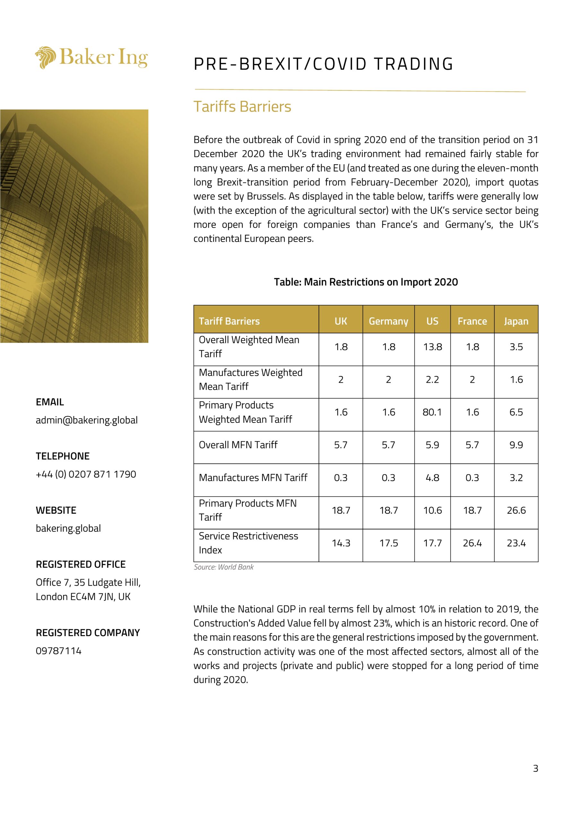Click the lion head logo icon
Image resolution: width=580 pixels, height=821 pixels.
click(x=46, y=57)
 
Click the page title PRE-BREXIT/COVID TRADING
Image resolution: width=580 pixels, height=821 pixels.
click(x=324, y=64)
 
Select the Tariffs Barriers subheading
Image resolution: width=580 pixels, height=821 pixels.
click(x=242, y=106)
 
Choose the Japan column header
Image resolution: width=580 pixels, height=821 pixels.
click(x=516, y=321)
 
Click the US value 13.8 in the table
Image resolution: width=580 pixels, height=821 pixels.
click(x=433, y=347)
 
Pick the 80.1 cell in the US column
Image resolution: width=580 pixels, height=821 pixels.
click(x=432, y=412)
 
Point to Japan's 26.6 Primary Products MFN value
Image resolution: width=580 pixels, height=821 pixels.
click(x=516, y=510)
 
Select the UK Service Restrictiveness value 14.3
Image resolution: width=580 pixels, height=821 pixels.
click(x=341, y=543)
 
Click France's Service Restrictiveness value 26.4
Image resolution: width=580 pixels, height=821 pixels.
click(x=472, y=543)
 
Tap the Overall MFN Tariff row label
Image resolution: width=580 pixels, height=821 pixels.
click(x=238, y=445)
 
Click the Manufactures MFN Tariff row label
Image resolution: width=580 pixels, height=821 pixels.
click(x=253, y=478)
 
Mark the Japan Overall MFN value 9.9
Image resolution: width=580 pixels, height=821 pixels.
click(x=516, y=445)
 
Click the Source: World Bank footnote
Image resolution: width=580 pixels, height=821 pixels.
click(x=224, y=567)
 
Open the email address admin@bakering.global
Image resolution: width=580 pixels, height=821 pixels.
click(x=87, y=420)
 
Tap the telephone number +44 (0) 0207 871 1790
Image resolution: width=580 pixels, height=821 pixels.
click(x=86, y=475)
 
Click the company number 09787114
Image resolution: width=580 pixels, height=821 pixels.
click(x=59, y=651)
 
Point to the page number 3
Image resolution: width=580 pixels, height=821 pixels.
click(x=535, y=768)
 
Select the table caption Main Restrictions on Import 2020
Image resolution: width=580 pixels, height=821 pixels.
click(x=366, y=282)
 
